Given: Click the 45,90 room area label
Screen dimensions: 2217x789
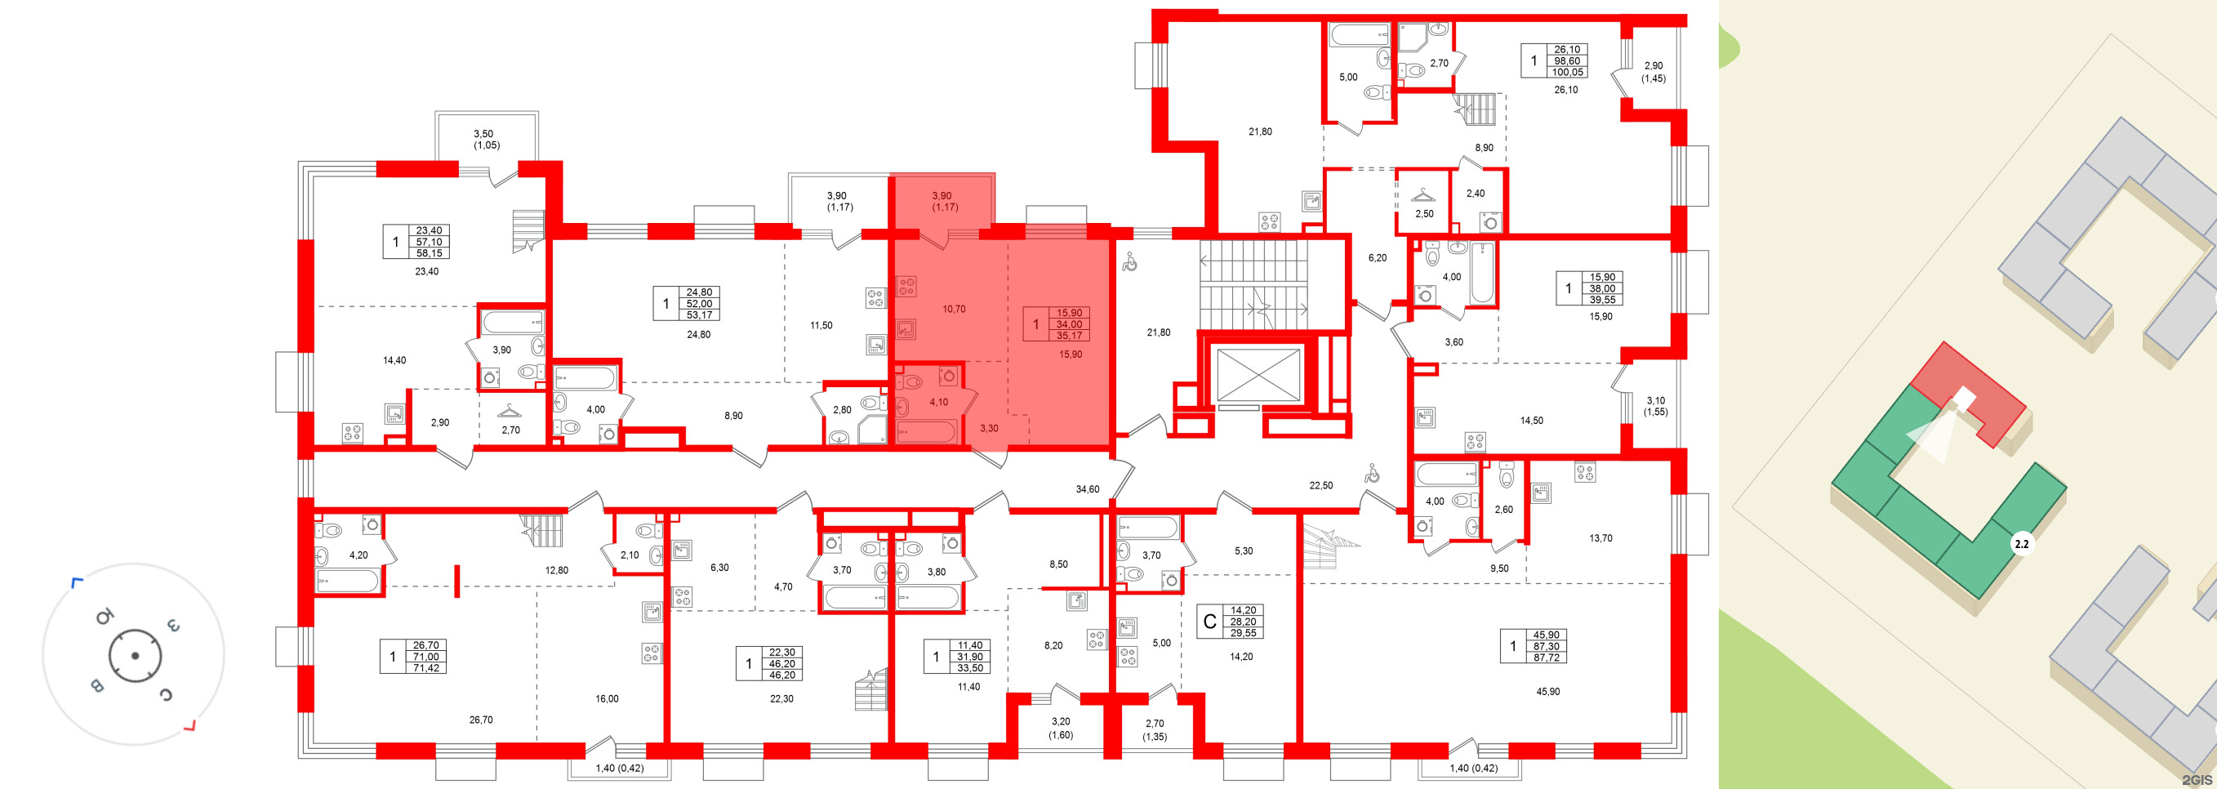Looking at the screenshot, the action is [x=1547, y=691].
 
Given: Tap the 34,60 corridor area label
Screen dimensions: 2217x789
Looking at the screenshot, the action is [x=1088, y=488].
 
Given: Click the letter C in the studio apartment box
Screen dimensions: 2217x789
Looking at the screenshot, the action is [x=1209, y=622].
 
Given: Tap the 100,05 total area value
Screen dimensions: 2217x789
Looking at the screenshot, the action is [x=1567, y=72].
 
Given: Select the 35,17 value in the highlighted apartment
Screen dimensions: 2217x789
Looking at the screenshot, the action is [x=1069, y=336].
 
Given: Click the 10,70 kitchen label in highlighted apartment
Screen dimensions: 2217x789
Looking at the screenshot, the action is [x=954, y=309].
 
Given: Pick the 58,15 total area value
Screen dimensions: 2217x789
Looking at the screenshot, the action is [x=429, y=253].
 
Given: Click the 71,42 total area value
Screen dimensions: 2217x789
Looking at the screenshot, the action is [x=426, y=667].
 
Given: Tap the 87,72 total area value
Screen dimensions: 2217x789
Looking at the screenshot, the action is [x=1546, y=657].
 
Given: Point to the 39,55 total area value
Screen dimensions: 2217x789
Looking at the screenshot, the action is [x=1602, y=300].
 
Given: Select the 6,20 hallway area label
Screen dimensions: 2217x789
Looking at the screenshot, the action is [x=1377, y=257].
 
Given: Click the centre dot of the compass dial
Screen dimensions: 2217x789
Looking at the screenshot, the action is [x=135, y=656].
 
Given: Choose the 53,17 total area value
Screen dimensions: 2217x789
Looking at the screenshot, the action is [x=700, y=315].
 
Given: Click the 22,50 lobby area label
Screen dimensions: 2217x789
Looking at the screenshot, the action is [x=1321, y=485].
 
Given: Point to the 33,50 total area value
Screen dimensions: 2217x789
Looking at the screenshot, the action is [x=970, y=667].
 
